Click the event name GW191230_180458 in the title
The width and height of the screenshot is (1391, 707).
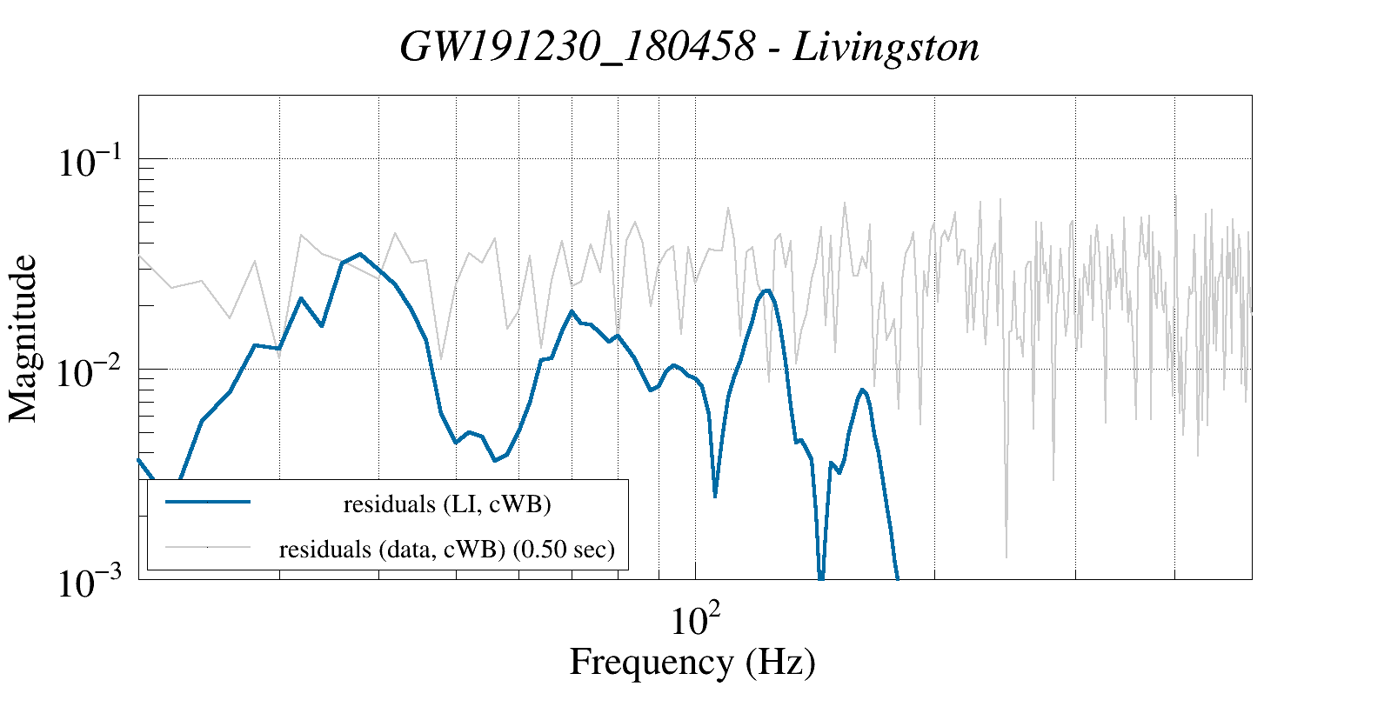tap(577, 47)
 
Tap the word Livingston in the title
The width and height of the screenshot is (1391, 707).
tap(886, 47)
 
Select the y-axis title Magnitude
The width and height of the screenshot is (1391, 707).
tap(23, 338)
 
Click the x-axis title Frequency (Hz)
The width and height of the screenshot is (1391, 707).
tap(692, 662)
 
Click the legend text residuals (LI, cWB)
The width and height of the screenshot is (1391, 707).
tap(447, 504)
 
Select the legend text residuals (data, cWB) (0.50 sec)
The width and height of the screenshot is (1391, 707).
tap(446, 550)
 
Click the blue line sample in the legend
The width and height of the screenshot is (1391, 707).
tap(208, 502)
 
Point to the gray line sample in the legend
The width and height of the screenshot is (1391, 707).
tap(208, 547)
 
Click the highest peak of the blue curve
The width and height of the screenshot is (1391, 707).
tap(360, 254)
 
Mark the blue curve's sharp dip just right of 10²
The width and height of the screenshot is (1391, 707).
tap(715, 496)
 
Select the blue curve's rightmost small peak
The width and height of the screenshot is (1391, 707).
tap(862, 390)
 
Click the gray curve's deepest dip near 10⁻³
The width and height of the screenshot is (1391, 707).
tap(1006, 557)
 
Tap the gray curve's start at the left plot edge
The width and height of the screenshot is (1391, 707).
tap(140, 256)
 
